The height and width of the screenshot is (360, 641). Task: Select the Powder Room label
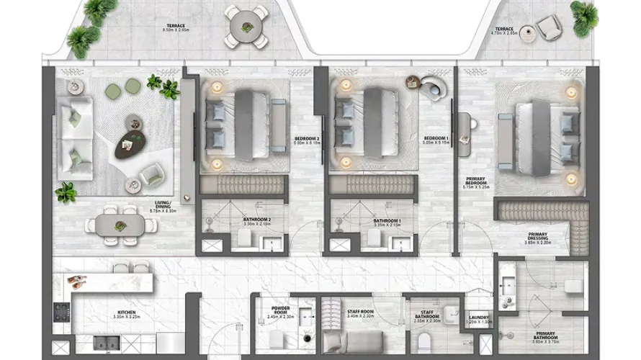pyautogui.click(x=281, y=311)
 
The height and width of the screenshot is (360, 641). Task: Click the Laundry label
pyautogui.click(x=479, y=320)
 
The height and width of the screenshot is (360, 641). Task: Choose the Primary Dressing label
pyautogui.click(x=537, y=238)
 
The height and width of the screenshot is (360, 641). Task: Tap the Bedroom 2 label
pyautogui.click(x=307, y=140)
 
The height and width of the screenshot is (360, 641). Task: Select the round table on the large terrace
pyautogui.click(x=246, y=27)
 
